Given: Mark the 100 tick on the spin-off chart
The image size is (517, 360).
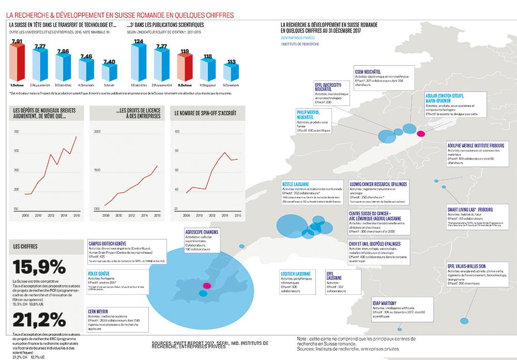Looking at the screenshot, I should (x=177, y=132).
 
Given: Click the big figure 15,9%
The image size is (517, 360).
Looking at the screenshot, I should (x=39, y=267).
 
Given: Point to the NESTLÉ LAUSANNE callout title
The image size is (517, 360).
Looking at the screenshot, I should (x=296, y=184).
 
